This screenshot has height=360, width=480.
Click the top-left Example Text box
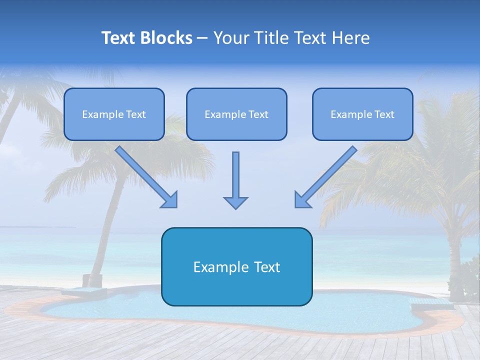point(114,114)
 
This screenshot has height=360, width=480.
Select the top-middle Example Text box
point(236,114)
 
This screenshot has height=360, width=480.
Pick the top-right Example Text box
point(362,114)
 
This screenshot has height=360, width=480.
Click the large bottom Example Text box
point(236,266)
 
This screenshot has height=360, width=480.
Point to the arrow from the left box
point(145,175)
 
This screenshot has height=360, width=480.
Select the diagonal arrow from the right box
point(327,175)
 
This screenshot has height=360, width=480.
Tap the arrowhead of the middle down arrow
point(235,202)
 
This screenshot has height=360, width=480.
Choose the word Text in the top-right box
point(384,114)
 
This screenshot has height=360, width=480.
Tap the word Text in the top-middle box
point(258,114)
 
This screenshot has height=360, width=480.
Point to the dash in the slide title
point(202,38)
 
